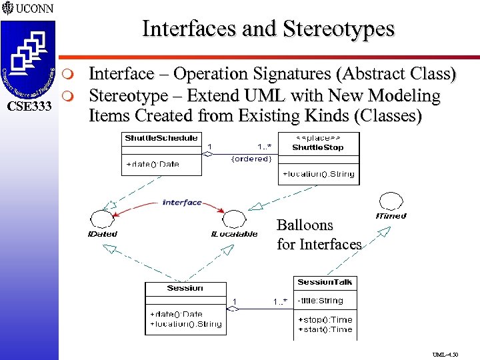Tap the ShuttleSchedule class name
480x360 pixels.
161,138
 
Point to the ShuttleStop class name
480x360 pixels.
318,147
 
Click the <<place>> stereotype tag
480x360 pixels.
318,139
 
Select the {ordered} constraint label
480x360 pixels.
250,159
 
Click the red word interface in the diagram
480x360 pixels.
181,203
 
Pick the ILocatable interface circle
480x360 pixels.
234,219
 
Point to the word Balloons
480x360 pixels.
304,225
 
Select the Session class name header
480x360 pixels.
185,288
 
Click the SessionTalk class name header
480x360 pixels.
325,282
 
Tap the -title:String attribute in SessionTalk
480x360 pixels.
320,301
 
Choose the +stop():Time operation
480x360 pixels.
325,319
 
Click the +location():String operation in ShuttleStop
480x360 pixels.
319,174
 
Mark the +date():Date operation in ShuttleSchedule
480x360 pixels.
152,164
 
